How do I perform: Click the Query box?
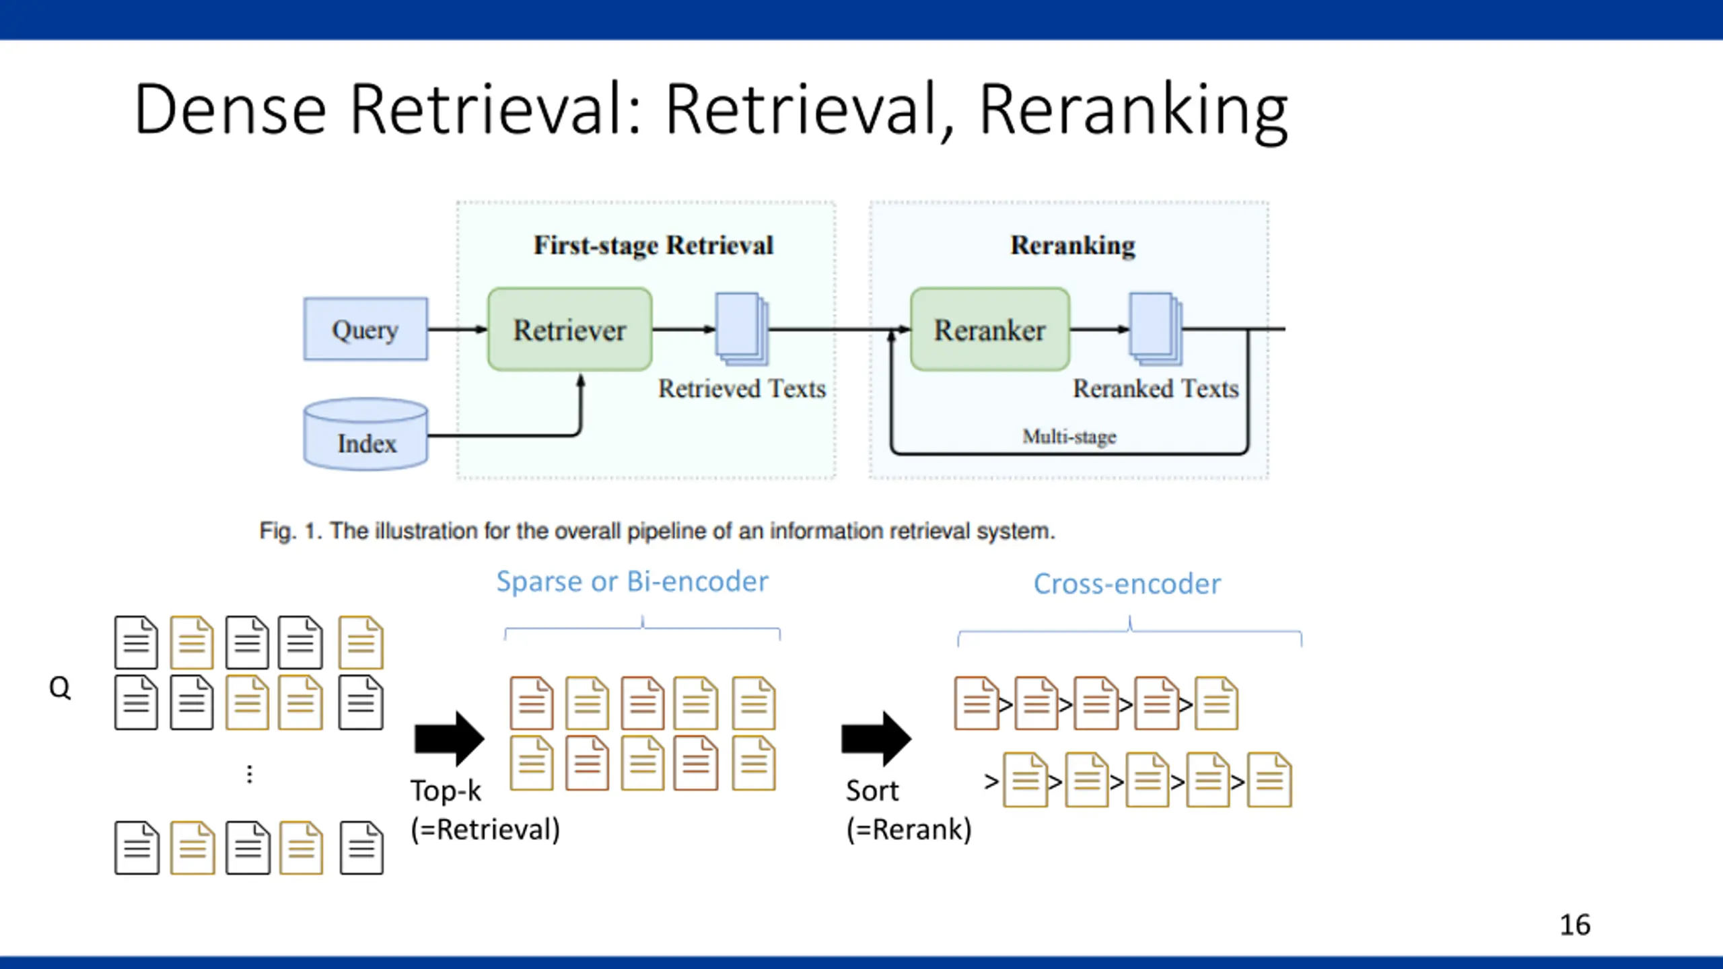click(x=365, y=329)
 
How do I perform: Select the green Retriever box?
click(x=569, y=329)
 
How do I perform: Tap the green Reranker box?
click(x=990, y=329)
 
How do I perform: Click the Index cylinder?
click(x=365, y=434)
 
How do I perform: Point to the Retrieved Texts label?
click(x=742, y=389)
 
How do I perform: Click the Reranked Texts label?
click(x=1156, y=389)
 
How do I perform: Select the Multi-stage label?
click(x=1069, y=437)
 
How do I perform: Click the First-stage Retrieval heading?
click(x=654, y=246)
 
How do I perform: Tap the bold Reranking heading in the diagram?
click(x=1073, y=246)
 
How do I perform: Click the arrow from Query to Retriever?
click(x=458, y=329)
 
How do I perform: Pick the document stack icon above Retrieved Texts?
click(x=742, y=329)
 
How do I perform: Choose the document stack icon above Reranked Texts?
click(x=1156, y=329)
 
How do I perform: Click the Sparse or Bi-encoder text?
click(x=632, y=581)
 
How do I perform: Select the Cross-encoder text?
click(x=1127, y=584)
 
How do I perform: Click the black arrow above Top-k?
click(x=449, y=738)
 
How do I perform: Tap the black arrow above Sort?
click(x=876, y=738)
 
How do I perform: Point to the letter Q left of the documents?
click(x=60, y=688)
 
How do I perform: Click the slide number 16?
click(x=1575, y=925)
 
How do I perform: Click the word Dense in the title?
click(x=230, y=109)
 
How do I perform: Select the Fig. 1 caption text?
click(x=657, y=532)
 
